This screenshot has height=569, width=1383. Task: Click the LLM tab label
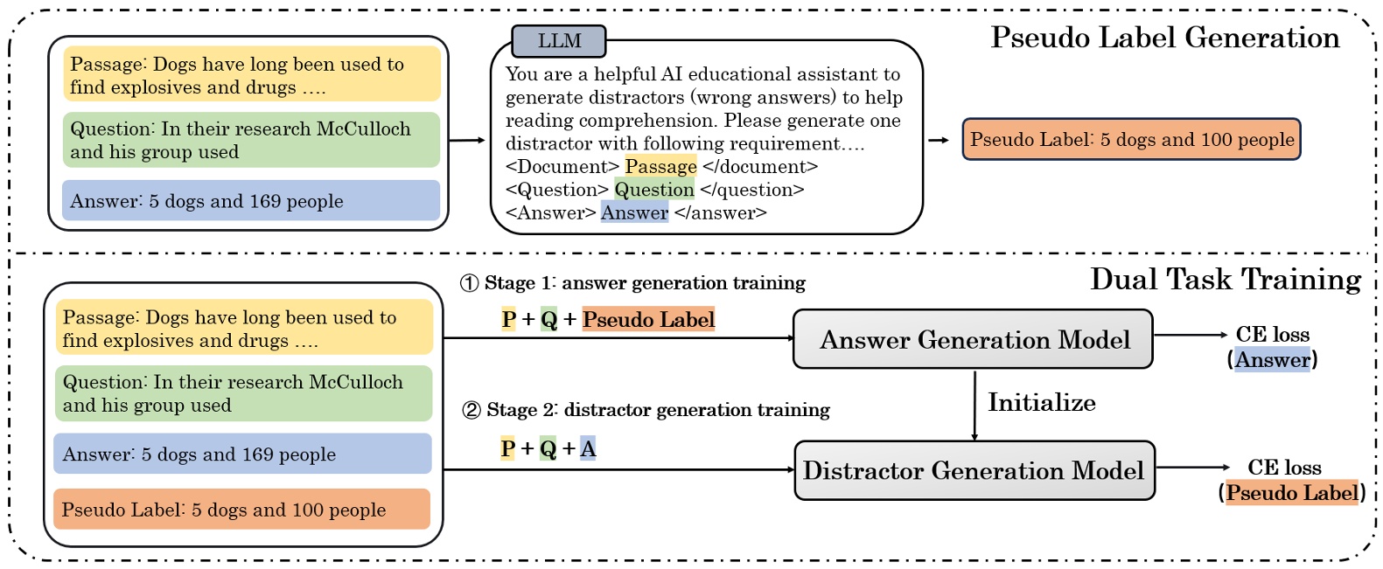[x=559, y=41]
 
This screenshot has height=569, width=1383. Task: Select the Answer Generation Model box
[x=973, y=339]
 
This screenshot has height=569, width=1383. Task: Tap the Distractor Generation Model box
[x=974, y=470]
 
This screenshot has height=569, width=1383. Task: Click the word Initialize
[x=1042, y=402]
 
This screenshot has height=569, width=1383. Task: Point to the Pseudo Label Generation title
[x=1165, y=38]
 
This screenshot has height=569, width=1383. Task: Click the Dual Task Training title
[x=1226, y=280]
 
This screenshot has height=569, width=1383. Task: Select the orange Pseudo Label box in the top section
[x=1132, y=140]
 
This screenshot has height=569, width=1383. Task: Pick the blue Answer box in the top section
[x=251, y=200]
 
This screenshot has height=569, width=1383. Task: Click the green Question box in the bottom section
[x=243, y=393]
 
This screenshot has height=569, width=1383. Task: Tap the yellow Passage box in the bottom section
[x=244, y=327]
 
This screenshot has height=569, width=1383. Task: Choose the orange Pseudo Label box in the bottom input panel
[x=242, y=510]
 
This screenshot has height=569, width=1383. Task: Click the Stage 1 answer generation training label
[x=632, y=282]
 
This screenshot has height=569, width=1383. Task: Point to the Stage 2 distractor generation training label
[x=646, y=410]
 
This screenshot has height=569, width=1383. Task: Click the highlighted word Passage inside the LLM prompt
[x=660, y=167]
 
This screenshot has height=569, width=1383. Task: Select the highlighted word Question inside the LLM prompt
[x=654, y=190]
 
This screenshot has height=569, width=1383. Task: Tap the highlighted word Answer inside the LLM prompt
[x=635, y=213]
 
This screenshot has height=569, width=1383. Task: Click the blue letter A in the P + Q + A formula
[x=588, y=448]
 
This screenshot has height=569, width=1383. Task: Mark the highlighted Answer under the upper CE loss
[x=1272, y=360]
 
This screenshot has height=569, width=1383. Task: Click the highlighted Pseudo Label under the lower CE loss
[x=1292, y=492]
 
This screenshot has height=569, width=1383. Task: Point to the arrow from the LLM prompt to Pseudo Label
[x=939, y=140]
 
